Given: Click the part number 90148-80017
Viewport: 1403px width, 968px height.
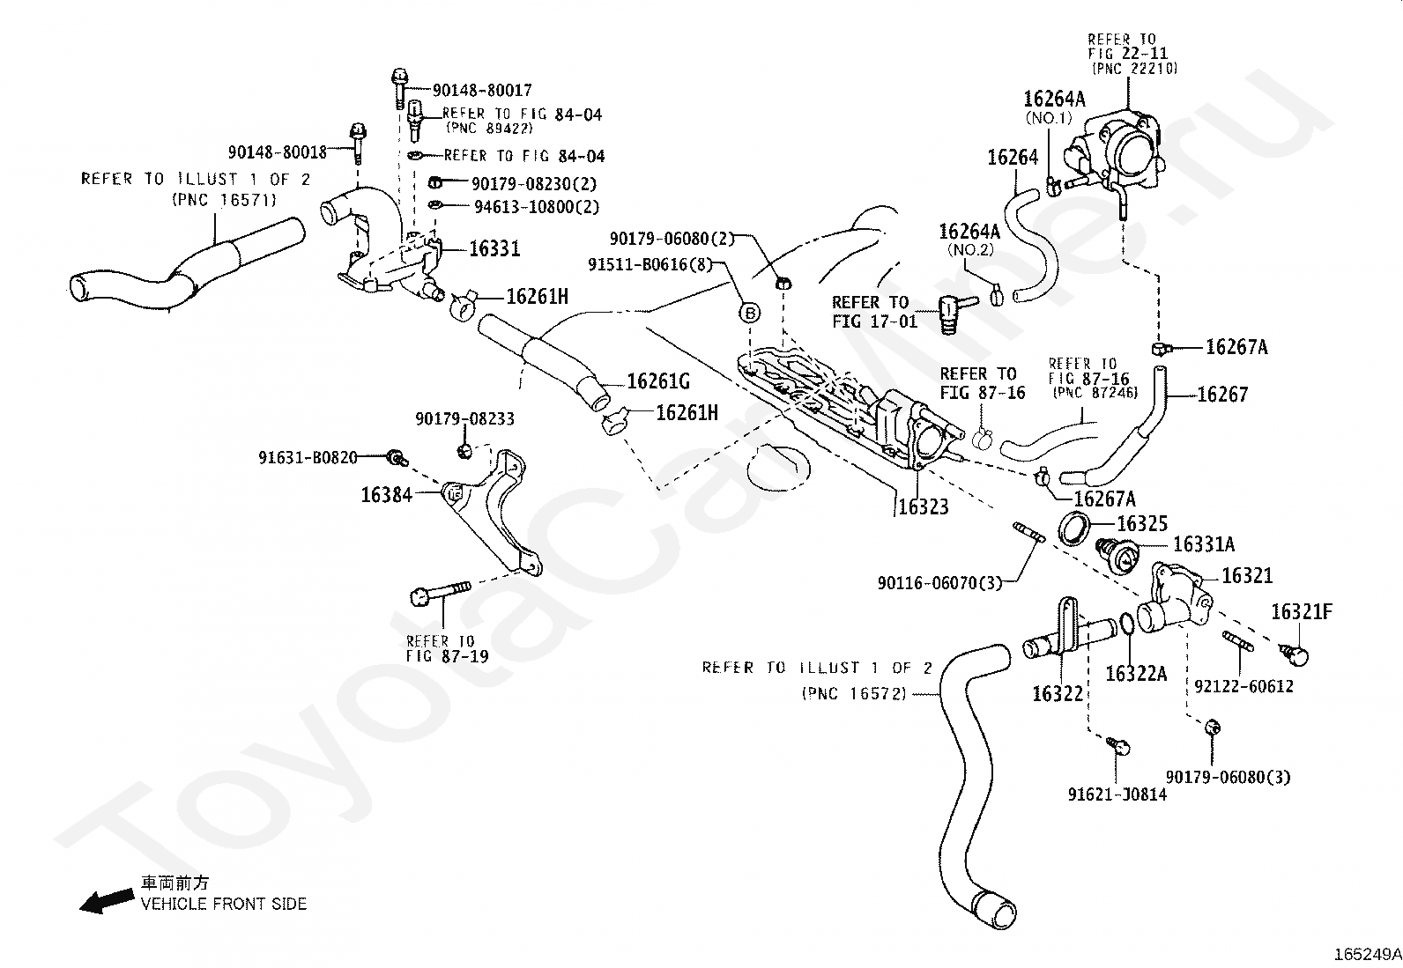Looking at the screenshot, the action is pyautogui.click(x=482, y=91).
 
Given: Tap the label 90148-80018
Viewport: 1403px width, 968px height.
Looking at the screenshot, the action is pyautogui.click(x=278, y=152).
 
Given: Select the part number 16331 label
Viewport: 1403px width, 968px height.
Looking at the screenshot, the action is pyautogui.click(x=494, y=248).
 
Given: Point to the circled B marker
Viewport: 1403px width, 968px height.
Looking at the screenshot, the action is pyautogui.click(x=750, y=313).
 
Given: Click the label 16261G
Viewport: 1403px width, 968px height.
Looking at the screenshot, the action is pyautogui.click(x=658, y=381).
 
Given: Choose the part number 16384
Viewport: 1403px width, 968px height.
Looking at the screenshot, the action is pyautogui.click(x=387, y=495).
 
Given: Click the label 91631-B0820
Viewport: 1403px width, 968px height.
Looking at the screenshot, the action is pyautogui.click(x=308, y=458).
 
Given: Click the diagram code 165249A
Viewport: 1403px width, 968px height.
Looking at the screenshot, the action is pyautogui.click(x=1368, y=954).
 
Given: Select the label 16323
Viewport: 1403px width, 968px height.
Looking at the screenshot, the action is pyautogui.click(x=924, y=506).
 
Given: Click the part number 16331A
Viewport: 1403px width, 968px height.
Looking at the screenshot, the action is pyautogui.click(x=1203, y=544).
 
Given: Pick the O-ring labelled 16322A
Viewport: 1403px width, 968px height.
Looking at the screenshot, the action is pyautogui.click(x=1125, y=624).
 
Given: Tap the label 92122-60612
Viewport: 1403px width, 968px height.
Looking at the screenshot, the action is pyautogui.click(x=1243, y=686).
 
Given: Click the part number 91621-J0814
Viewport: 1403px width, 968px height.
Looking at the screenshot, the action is pyautogui.click(x=1117, y=794).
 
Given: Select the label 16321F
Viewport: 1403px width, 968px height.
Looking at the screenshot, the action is pyautogui.click(x=1302, y=612).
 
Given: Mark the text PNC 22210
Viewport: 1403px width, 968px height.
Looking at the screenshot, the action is pyautogui.click(x=1135, y=68).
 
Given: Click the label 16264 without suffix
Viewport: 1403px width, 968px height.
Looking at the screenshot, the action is pyautogui.click(x=1013, y=157).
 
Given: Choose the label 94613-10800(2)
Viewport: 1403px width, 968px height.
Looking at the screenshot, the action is pyautogui.click(x=537, y=207).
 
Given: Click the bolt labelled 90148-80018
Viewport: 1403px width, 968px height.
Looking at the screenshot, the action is pyautogui.click(x=359, y=143).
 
